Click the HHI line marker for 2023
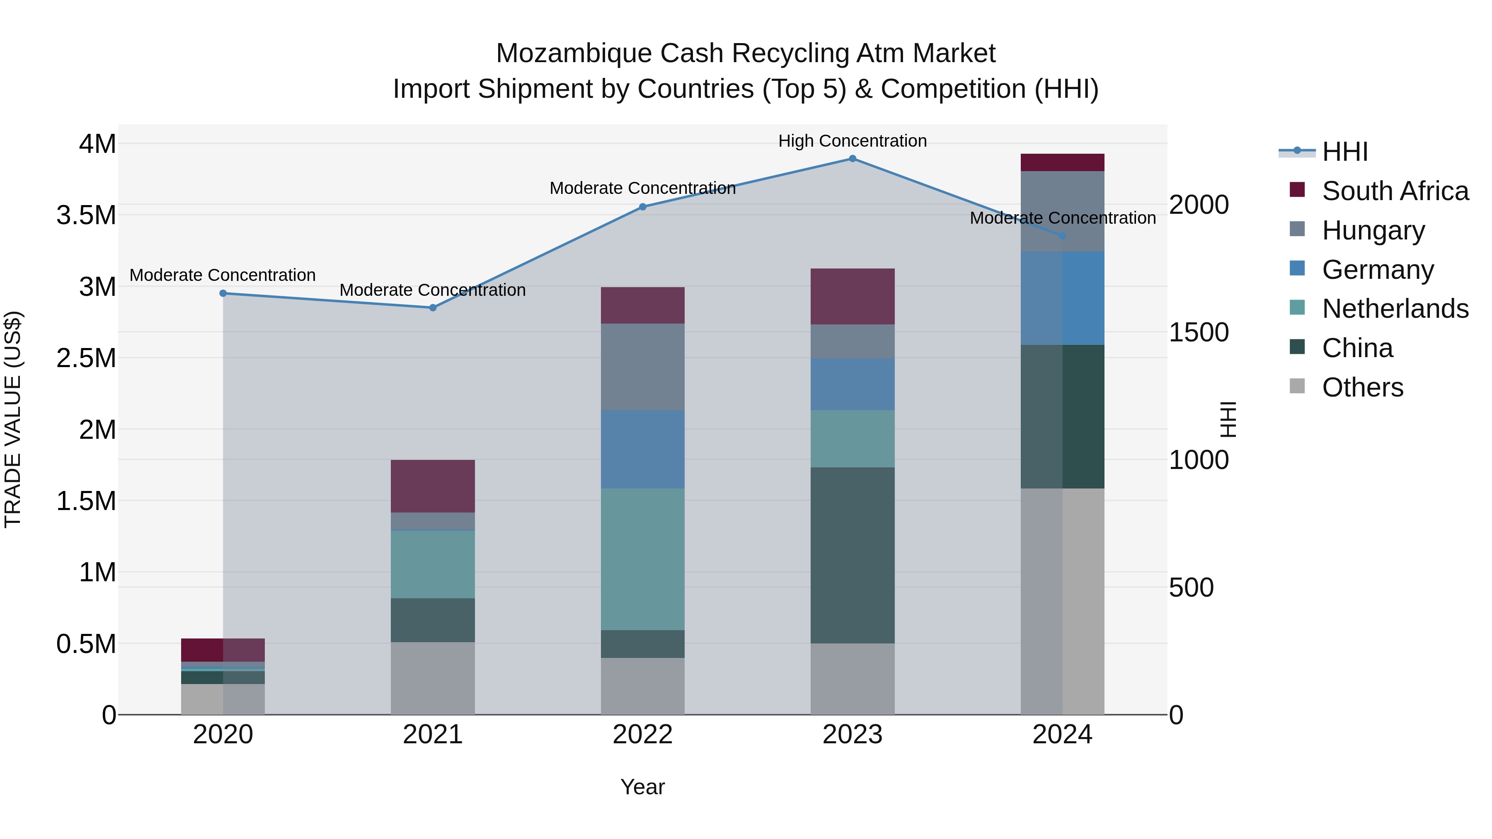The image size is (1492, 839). [852, 159]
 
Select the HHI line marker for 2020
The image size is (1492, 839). [223, 294]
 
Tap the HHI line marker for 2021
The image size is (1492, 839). [433, 308]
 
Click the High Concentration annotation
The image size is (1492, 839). [852, 141]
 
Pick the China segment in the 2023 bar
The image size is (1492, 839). [852, 555]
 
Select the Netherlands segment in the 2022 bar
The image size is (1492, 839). [642, 559]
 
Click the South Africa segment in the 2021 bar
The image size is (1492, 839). [433, 486]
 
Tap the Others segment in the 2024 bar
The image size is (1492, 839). [1062, 601]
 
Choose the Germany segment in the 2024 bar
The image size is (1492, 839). [1062, 298]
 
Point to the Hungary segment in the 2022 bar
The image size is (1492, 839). [642, 367]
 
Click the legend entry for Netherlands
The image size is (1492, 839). [1395, 309]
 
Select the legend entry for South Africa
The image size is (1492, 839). [1395, 191]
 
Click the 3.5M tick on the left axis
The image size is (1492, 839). [86, 215]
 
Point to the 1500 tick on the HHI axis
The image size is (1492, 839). [1198, 332]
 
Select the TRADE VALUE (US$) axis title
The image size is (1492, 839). [13, 419]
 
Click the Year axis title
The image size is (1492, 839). [642, 788]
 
